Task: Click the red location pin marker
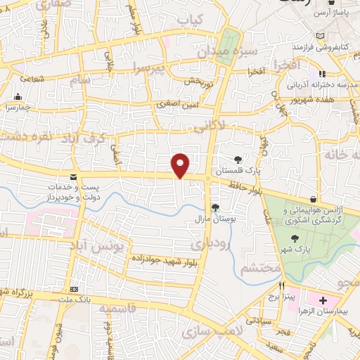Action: [x=181, y=165]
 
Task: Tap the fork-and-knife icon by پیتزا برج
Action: [x=282, y=285]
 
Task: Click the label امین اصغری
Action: [x=178, y=103]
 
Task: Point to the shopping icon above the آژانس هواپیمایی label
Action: [x=313, y=200]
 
